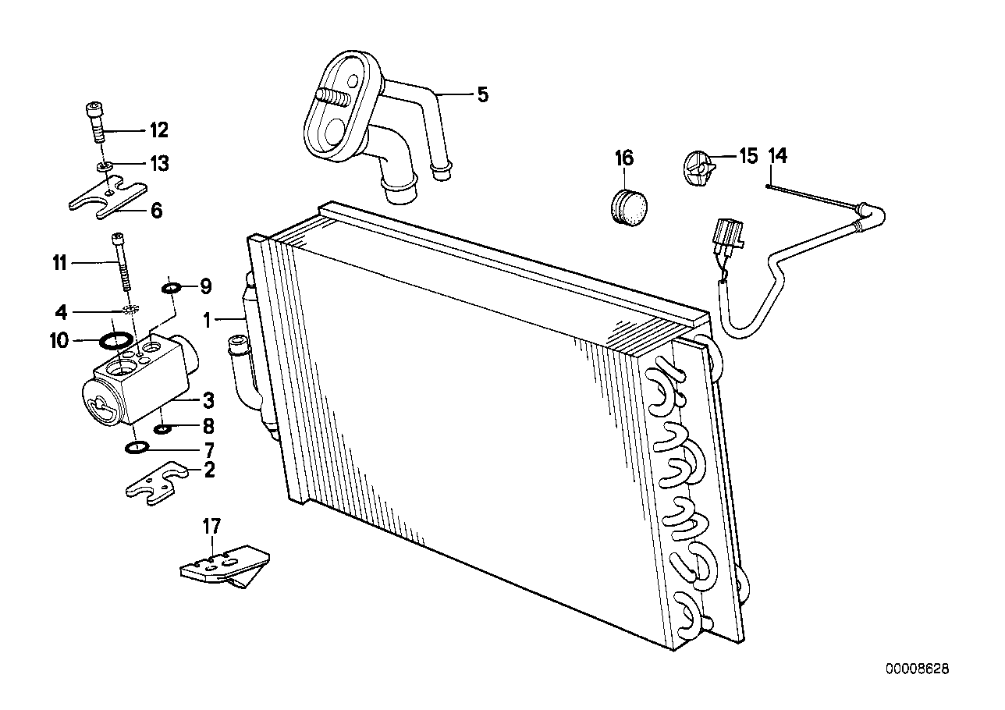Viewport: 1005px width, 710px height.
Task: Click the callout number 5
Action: tap(482, 95)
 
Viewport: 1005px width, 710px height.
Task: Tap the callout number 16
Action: tap(624, 158)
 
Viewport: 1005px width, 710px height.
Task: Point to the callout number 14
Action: tap(777, 156)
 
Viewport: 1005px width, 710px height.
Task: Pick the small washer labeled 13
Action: tap(103, 165)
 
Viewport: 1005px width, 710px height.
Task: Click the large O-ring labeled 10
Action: tap(117, 340)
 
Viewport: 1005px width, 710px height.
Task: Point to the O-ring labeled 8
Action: tap(164, 428)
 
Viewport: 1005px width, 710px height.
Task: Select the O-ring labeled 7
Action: tap(137, 448)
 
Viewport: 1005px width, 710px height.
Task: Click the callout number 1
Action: tap(208, 319)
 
